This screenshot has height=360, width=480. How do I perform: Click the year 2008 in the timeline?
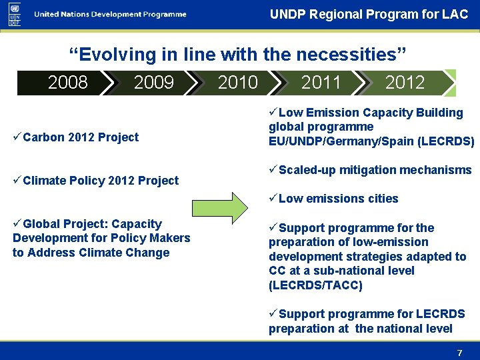68,83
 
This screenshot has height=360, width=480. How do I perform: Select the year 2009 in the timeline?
153,83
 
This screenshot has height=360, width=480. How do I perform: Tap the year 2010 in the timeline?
237,83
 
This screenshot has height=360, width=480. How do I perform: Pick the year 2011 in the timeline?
321,83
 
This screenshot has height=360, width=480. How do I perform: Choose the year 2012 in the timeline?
405,83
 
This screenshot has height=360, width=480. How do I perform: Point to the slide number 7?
459,353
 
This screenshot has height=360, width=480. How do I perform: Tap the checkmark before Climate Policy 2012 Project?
17,180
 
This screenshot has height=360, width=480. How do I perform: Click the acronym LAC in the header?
455,14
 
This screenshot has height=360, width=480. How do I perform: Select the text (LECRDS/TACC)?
315,285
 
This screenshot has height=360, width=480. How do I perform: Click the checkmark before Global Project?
17,224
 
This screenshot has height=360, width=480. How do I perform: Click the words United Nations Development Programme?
110,15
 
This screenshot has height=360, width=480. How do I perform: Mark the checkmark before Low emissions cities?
273,199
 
